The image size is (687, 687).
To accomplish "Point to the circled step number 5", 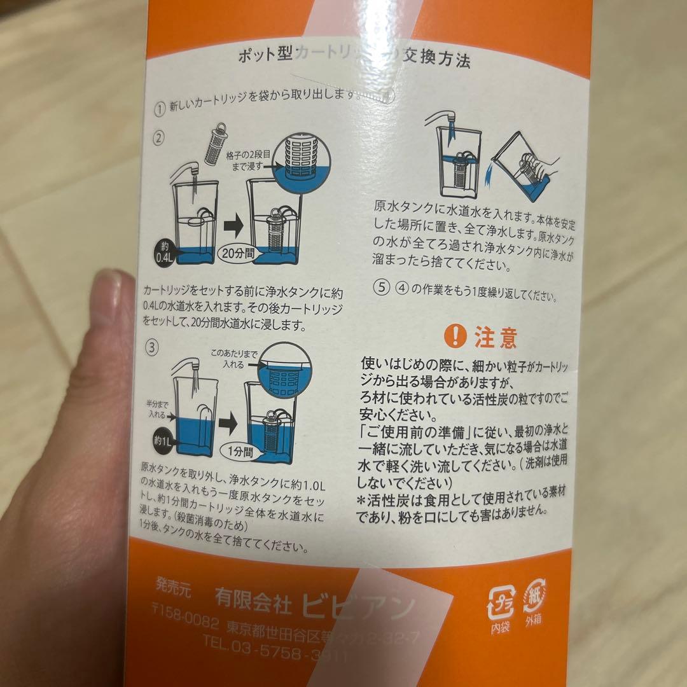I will coord(381,287).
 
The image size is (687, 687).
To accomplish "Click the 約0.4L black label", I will coord(163,253).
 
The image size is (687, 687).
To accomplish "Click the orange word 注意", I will coord(496,337).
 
